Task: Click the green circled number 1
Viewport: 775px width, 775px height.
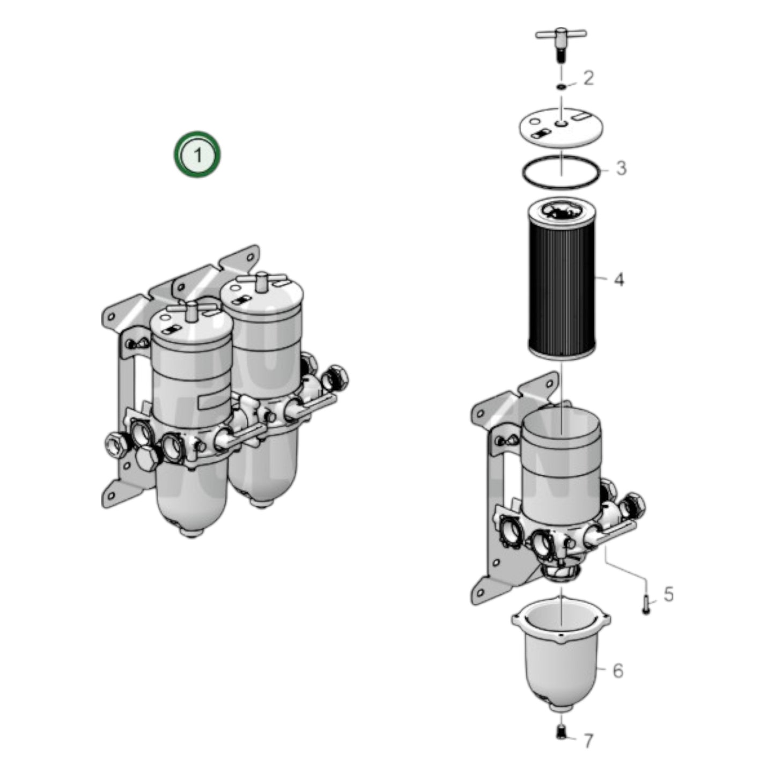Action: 197,154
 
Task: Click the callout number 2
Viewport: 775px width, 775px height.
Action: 588,78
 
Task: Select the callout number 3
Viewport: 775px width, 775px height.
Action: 621,168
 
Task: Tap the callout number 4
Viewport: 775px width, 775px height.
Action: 619,279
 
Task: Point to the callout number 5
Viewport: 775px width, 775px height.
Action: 668,594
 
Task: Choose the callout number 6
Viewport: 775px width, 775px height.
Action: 618,670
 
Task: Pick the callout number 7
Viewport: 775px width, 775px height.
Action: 588,741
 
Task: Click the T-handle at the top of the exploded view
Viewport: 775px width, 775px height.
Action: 560,36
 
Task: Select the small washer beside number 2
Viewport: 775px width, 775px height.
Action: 561,87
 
